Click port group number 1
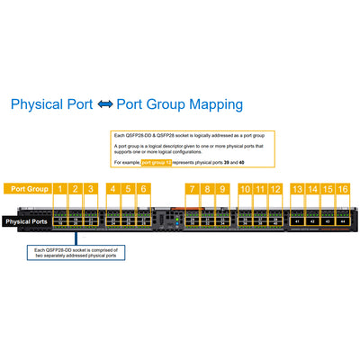pyautogui.click(x=60, y=189)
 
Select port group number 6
pyautogui.click(x=143, y=189)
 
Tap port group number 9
pyautogui.click(x=223, y=189)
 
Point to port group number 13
pyautogui.click(x=297, y=189)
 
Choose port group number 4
pyautogui.click(x=112, y=189)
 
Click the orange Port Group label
pyautogui.click(x=30, y=189)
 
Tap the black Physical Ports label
pyautogui.click(x=26, y=220)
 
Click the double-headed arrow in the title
pyautogui.click(x=104, y=105)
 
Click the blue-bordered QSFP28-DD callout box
pyautogui.click(x=79, y=253)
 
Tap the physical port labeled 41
pyautogui.click(x=297, y=220)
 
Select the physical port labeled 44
pyautogui.click(x=343, y=220)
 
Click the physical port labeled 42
pyautogui.click(x=312, y=220)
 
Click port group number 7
pyautogui.click(x=192, y=189)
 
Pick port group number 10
pyautogui.click(x=246, y=189)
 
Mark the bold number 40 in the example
pyautogui.click(x=241, y=162)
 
